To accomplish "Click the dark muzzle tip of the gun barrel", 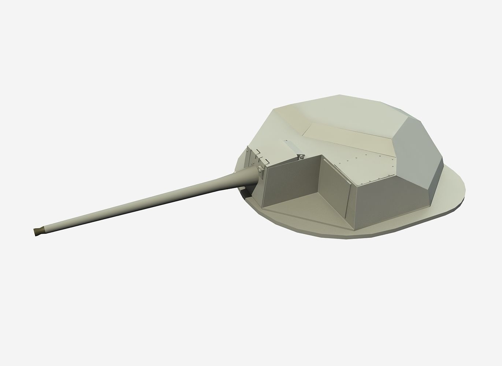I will click(37, 231).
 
